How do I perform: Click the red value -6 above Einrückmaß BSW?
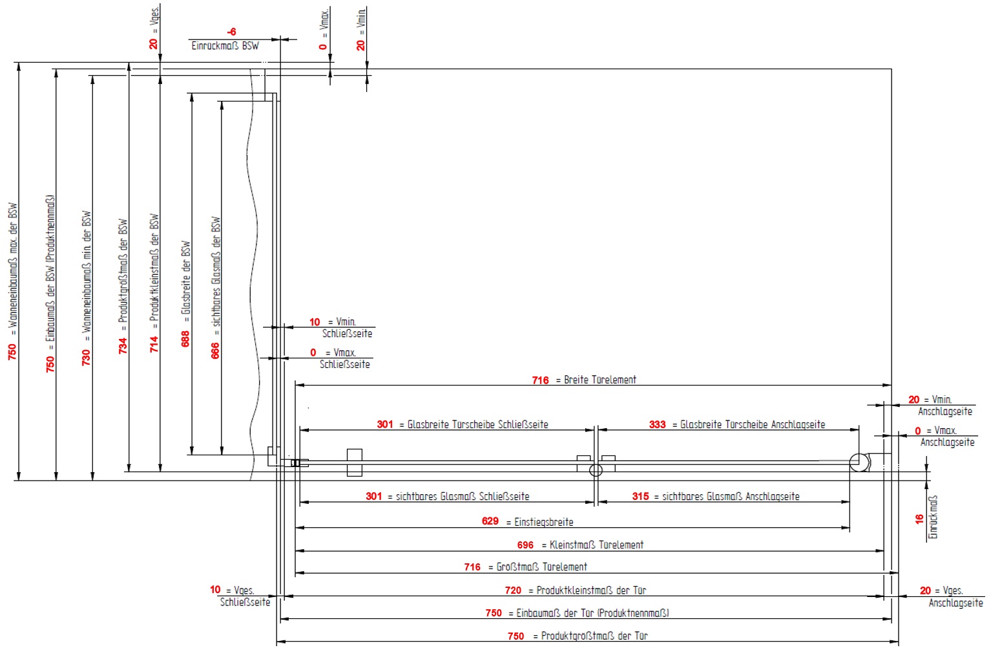tap(231, 32)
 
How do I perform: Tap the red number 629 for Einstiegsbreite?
tap(490, 521)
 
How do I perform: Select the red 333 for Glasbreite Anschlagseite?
tap(657, 424)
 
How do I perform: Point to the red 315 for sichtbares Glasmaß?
tap(640, 496)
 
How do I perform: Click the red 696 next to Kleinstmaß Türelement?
tap(525, 545)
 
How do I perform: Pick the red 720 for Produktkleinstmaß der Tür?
tap(513, 590)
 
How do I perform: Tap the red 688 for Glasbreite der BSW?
tap(185, 339)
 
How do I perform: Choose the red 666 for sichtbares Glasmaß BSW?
tap(215, 351)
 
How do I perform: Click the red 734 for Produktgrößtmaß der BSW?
tap(123, 346)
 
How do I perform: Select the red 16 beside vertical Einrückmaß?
tap(919, 519)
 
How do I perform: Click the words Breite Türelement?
tap(600, 380)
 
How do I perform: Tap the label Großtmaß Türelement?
tap(541, 567)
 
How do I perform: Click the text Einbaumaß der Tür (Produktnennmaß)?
tap(592, 613)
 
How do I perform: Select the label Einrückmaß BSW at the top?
tap(225, 46)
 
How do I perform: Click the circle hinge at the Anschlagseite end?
tap(859, 462)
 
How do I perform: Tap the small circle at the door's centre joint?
tap(596, 471)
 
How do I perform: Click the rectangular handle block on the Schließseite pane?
tap(354, 462)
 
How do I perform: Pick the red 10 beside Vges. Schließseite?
tap(215, 589)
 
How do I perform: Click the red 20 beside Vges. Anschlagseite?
tap(925, 591)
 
